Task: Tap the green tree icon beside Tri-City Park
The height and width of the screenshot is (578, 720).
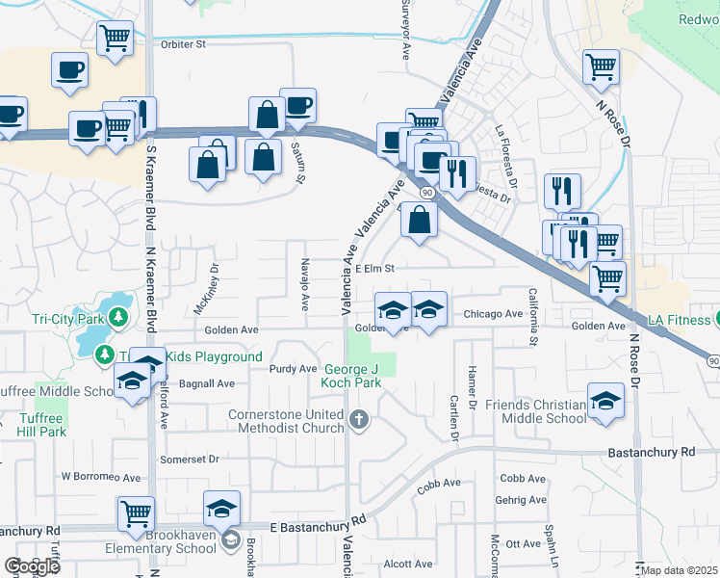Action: pyautogui.click(x=118, y=316)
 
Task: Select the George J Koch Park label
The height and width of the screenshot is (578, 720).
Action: pyautogui.click(x=351, y=376)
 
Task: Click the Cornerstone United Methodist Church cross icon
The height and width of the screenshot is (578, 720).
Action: pyautogui.click(x=359, y=419)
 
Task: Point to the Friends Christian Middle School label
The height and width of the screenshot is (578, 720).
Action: pyautogui.click(x=535, y=411)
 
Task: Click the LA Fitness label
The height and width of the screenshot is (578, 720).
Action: pyautogui.click(x=680, y=319)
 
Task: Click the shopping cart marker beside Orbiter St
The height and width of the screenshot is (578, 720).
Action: pyautogui.click(x=115, y=39)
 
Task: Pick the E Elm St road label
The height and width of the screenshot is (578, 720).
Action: pyautogui.click(x=375, y=269)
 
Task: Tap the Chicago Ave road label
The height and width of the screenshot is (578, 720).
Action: pyautogui.click(x=492, y=314)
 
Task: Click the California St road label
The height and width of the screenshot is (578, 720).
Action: pyautogui.click(x=532, y=316)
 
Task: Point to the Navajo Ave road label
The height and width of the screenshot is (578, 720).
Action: pyautogui.click(x=304, y=284)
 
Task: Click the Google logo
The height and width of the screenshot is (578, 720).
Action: pyautogui.click(x=32, y=566)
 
